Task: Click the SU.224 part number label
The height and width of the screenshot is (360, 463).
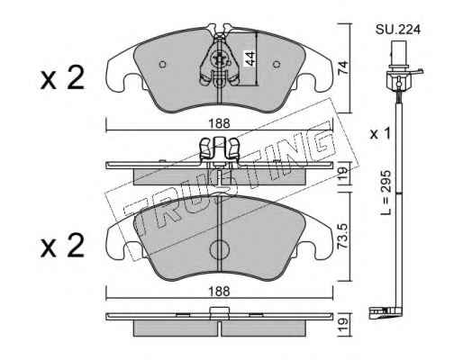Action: [x=397, y=30]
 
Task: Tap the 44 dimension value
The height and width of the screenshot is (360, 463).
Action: [x=250, y=58]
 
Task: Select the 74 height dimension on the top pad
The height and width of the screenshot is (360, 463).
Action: [x=343, y=68]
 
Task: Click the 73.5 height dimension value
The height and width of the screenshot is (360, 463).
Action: [x=343, y=236]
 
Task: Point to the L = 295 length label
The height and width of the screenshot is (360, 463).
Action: [x=386, y=193]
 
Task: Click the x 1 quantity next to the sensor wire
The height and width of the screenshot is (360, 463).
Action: [x=380, y=134]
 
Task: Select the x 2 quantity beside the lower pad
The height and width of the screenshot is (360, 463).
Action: [x=62, y=246]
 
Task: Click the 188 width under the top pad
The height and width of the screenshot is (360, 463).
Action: [x=220, y=123]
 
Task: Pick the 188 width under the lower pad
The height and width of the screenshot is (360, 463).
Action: [x=220, y=292]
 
